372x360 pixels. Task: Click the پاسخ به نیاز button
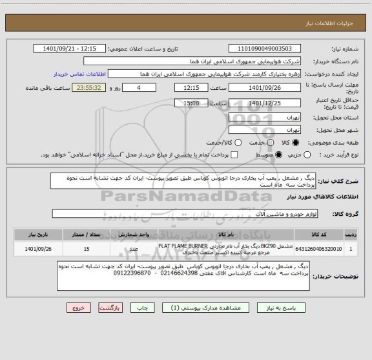276,308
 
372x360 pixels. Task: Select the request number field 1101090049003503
264,48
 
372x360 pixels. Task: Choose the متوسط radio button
280,154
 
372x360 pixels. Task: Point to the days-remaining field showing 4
138,88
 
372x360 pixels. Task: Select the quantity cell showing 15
87,248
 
